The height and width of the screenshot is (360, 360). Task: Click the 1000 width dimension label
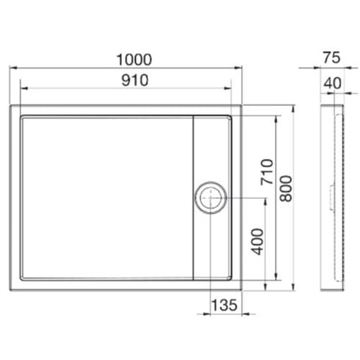(134, 60)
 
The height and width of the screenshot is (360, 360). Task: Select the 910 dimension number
(135, 80)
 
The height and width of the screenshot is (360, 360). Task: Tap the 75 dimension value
(331, 57)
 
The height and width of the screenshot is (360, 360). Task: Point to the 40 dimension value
(332, 83)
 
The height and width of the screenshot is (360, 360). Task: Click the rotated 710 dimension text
(267, 172)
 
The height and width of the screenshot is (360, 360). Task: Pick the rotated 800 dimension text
(286, 189)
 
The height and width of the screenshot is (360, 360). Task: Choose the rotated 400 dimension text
(258, 241)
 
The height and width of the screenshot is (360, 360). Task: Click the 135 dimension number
(224, 305)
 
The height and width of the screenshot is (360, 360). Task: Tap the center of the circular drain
(210, 197)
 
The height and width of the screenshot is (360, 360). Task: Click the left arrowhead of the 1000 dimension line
(13, 68)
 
